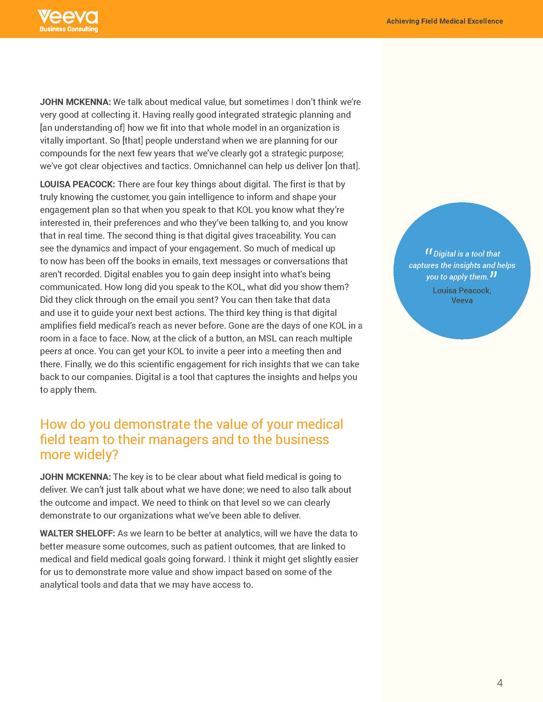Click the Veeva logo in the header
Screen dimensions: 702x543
click(67, 17)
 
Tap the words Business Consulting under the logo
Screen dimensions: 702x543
click(69, 29)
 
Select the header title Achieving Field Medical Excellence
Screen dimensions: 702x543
click(445, 21)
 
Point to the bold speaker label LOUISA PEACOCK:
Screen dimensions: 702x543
click(77, 184)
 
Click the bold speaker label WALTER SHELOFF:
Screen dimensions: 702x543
click(77, 533)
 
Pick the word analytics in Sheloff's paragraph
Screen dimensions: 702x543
click(243, 533)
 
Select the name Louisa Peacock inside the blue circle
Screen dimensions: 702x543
click(462, 291)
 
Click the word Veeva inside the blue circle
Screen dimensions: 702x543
click(462, 301)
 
